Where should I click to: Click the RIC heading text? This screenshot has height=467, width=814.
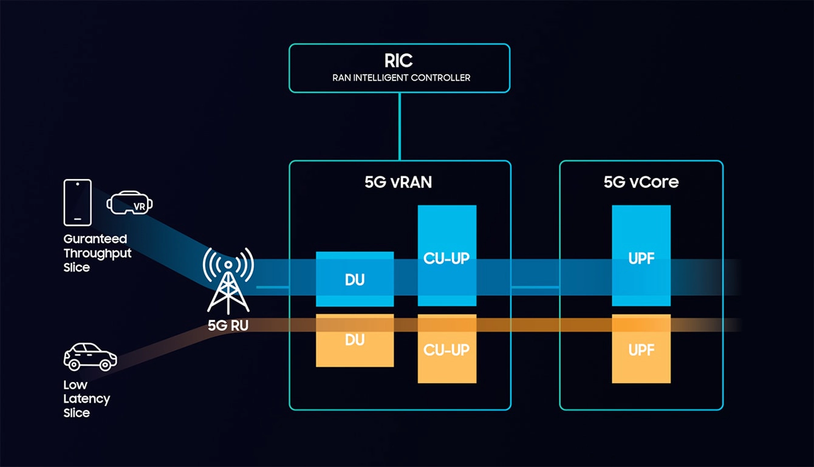point(398,61)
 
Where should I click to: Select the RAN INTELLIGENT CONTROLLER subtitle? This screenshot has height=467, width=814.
point(401,78)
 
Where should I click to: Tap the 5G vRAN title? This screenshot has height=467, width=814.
point(398,182)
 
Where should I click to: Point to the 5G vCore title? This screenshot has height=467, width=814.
point(641,182)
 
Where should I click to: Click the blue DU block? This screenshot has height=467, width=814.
point(355,279)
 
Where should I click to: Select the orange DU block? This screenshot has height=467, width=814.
point(355,341)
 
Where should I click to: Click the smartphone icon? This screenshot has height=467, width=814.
point(78,202)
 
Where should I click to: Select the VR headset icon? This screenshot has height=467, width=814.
point(130,203)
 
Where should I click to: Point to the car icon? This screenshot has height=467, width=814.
point(90,356)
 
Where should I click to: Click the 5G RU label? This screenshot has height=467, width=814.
point(228,326)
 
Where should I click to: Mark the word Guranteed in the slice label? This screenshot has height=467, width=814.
point(95,239)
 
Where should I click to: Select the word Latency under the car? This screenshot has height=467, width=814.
point(87,399)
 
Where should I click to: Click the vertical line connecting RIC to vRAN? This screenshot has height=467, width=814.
point(399,126)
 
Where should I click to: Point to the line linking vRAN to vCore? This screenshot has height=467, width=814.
point(535,286)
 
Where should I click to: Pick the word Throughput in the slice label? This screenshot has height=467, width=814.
point(97,253)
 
